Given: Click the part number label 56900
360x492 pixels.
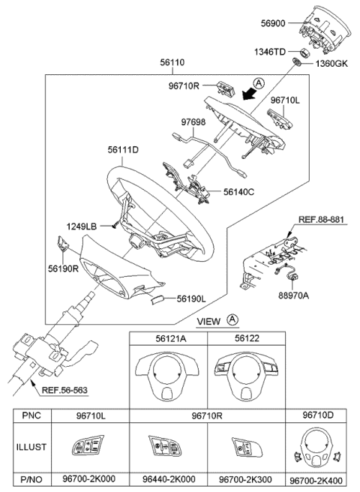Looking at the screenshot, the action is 273,23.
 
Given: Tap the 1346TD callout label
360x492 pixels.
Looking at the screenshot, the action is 269,52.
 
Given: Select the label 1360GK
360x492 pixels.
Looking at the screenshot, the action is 331,64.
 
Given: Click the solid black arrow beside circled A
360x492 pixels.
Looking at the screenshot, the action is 250,93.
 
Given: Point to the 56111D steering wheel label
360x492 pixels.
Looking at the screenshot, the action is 123,150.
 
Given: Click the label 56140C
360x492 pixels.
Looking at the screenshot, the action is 238,192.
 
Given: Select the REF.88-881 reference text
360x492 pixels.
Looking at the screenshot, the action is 321,219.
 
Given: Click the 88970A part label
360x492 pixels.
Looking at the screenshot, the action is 294,295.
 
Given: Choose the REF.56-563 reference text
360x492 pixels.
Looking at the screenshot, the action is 64,390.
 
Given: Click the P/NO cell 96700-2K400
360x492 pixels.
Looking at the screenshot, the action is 316,481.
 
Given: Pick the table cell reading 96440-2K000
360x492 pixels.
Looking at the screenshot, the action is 169,479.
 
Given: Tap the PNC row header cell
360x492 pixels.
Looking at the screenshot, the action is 31,415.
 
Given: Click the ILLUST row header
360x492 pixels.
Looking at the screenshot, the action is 31,447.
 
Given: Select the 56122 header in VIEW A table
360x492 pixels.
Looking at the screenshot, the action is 247,338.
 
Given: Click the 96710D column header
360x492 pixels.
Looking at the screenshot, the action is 318,415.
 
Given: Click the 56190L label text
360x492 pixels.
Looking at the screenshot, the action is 191,299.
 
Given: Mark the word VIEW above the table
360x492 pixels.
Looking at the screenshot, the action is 208,321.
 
